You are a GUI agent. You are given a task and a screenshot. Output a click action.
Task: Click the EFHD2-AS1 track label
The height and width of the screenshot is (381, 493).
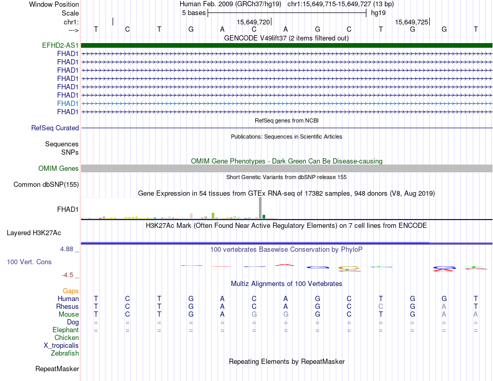click(x=60, y=45)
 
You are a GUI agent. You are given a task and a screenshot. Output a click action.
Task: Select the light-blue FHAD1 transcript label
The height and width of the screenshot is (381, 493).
click(x=68, y=103)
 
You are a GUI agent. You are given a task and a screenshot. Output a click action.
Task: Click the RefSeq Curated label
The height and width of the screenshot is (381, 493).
click(x=55, y=128)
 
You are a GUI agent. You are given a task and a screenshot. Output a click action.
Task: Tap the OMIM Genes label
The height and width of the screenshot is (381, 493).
click(x=59, y=168)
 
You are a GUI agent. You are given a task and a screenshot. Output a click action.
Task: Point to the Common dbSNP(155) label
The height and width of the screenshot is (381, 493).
click(x=46, y=184)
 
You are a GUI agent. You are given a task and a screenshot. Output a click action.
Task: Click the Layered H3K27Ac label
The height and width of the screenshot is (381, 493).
click(x=41, y=233)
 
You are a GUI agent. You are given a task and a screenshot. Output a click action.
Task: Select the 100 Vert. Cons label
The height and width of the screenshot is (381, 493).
click(x=29, y=262)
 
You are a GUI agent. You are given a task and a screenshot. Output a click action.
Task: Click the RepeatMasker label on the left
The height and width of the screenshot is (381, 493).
click(x=57, y=369)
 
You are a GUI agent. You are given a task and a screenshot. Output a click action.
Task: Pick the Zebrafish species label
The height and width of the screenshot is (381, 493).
click(x=65, y=353)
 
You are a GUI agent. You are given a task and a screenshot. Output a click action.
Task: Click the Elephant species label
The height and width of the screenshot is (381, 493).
click(x=65, y=330)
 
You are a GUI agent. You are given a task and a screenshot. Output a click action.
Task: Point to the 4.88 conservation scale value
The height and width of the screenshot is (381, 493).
click(x=67, y=249)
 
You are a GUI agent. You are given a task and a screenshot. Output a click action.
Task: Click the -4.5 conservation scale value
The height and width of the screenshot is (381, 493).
click(x=68, y=275)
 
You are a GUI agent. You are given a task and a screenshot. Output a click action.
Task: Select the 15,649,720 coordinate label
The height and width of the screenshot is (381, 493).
click(x=253, y=22)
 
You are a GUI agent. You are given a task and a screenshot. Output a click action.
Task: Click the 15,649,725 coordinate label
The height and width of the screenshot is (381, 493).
click(x=412, y=22)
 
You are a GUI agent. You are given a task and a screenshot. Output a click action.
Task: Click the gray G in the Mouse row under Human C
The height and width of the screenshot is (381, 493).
click(x=254, y=314)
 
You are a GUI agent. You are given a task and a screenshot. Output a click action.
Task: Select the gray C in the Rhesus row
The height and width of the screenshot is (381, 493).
click(x=381, y=306)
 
